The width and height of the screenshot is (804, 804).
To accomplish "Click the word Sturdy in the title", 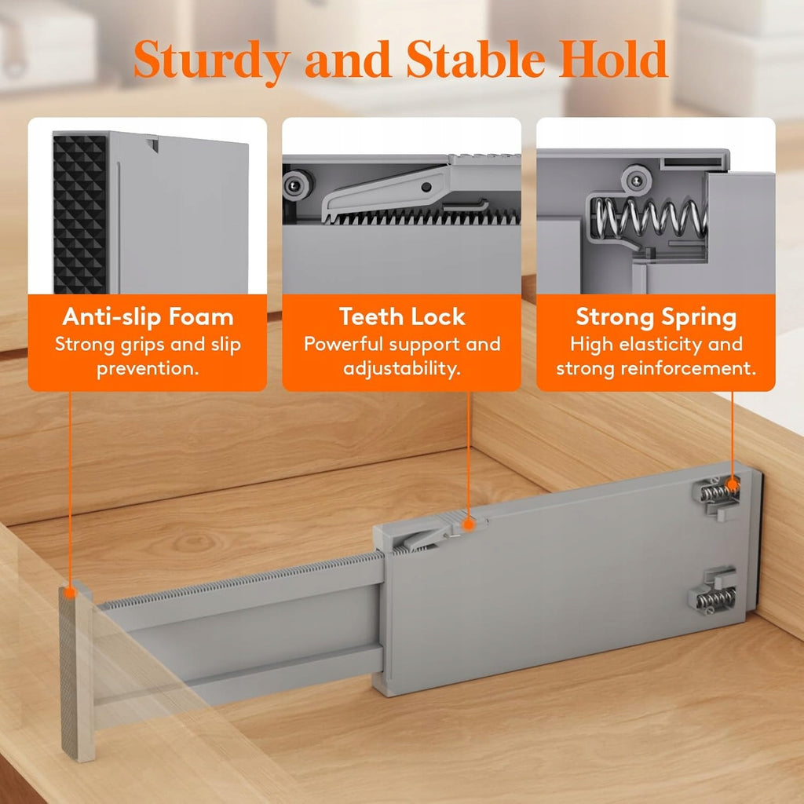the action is [212, 60].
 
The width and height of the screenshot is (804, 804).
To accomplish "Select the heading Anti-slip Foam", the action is [148, 317].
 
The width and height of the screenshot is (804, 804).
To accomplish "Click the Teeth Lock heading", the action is [402, 317].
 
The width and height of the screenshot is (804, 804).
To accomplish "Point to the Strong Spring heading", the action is [656, 318].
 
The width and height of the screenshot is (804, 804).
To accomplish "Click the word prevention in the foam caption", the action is [148, 369].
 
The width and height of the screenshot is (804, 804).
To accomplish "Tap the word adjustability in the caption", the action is [402, 369].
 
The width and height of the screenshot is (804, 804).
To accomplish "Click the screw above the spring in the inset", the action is [636, 181].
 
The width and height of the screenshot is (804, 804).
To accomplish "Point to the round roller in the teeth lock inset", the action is [296, 185].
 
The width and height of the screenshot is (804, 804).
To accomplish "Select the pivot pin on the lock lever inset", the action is [426, 187].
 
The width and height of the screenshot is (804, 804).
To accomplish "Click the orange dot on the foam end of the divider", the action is [70, 594].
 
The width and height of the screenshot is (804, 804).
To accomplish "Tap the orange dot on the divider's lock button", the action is [468, 524].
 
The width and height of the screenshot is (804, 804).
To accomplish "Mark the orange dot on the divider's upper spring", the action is [733, 484].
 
